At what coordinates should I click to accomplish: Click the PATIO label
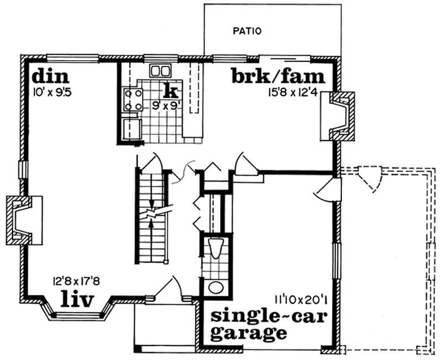246,31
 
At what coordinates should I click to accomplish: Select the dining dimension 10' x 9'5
53,92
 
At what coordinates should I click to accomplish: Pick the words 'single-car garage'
262,325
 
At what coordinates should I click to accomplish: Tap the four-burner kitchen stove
133,99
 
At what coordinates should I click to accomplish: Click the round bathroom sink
215,288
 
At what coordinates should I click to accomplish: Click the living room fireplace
20,219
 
